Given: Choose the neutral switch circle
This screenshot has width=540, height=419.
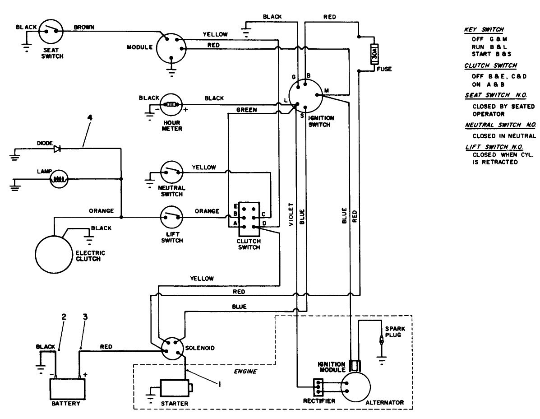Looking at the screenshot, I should (171, 171).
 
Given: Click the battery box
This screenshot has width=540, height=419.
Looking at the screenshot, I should (67, 387).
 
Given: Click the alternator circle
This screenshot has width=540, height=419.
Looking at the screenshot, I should (355, 386).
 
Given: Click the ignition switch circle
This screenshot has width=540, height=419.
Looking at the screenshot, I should (305, 95).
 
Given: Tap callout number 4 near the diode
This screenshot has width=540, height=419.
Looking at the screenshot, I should (90, 119).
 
